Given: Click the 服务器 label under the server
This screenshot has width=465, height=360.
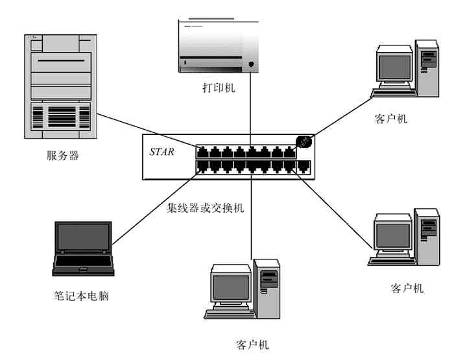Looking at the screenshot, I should coord(63,156).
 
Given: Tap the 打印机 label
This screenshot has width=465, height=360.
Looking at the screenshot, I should coord(217,88).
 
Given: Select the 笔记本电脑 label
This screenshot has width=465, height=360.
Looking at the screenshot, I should coord(81,296).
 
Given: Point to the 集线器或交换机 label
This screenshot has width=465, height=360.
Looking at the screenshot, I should coord(206,208).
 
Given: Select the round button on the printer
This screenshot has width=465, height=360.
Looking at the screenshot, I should coord(251,64).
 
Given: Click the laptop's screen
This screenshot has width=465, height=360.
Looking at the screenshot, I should coord(82,238).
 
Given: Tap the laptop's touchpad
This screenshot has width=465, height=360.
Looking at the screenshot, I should coord(83,270).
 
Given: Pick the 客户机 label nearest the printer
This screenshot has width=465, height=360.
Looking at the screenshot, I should coord(390,119).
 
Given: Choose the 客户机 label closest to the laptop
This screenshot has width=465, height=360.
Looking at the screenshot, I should coord(253,344).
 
